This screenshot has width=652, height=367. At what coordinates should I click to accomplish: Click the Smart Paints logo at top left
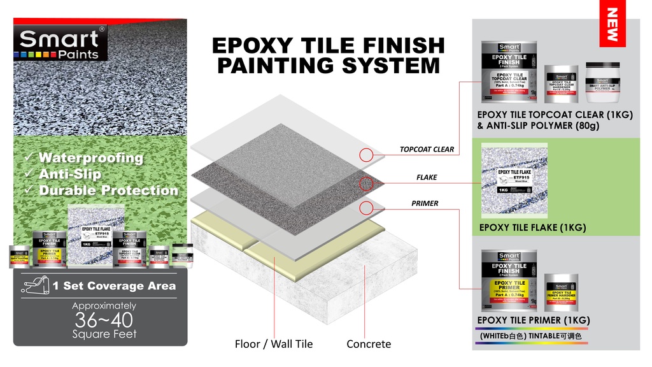click(x=59, y=44)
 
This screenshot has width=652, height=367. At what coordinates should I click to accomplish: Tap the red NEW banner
click(x=612, y=25)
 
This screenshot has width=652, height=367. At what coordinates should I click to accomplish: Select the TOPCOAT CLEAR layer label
click(x=427, y=150)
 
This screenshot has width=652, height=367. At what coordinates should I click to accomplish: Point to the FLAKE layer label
click(x=427, y=178)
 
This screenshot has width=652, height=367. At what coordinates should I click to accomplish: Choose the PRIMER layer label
click(x=424, y=204)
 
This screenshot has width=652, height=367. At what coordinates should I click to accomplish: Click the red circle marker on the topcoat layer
click(x=365, y=155)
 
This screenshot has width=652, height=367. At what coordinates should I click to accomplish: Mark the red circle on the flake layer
click(x=367, y=185)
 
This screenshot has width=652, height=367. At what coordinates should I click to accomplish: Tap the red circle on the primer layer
click(x=365, y=208)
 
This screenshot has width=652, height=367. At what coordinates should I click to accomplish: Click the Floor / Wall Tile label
click(x=274, y=344)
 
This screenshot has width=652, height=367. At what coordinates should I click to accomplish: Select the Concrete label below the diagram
click(x=369, y=344)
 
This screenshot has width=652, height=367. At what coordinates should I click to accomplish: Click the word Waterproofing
click(x=90, y=158)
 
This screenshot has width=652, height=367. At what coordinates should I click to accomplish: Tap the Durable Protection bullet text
click(x=108, y=191)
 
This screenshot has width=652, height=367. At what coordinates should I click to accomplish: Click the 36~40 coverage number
click(x=104, y=319)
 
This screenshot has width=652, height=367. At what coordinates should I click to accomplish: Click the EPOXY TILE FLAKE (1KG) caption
click(x=532, y=227)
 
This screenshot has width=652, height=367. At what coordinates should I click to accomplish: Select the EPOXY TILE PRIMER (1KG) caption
click(x=534, y=320)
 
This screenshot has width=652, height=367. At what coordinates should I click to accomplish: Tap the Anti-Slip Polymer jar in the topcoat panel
click(x=602, y=83)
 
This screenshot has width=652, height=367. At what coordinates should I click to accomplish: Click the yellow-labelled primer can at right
click(x=509, y=280)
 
